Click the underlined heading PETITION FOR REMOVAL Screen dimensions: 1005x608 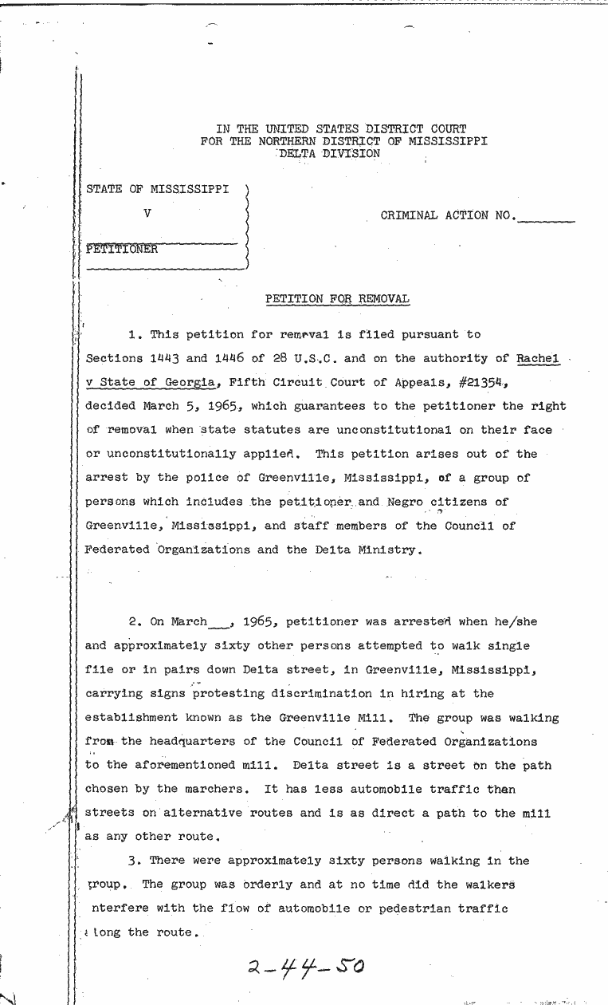[x=337, y=299]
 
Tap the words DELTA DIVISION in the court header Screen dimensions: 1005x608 [x=330, y=154]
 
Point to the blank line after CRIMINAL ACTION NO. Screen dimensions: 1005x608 [x=546, y=217]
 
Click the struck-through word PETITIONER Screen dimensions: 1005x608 [x=122, y=249]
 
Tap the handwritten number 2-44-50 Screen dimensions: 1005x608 [x=306, y=968]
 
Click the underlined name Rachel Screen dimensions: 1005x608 [x=538, y=359]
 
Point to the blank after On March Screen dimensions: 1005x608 [x=219, y=623]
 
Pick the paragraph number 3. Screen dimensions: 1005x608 [x=133, y=861]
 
